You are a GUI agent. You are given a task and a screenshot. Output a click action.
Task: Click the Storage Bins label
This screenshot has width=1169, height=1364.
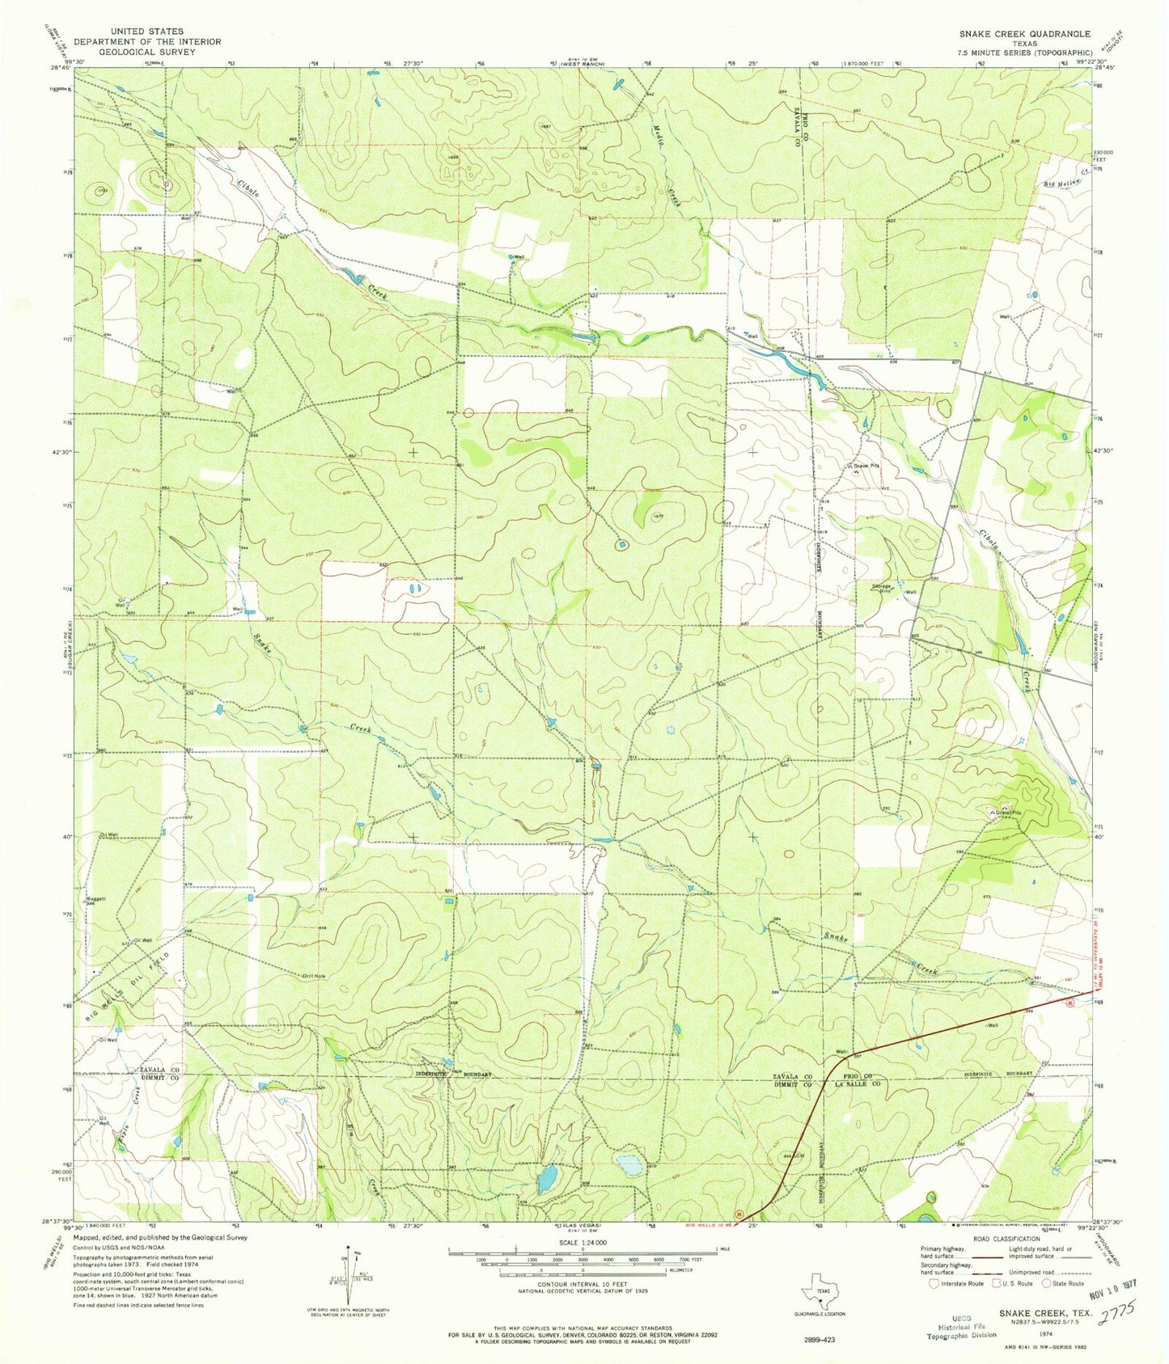pos(881,587)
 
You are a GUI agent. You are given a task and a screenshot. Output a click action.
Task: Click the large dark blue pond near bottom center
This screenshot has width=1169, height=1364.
pos(548,1178)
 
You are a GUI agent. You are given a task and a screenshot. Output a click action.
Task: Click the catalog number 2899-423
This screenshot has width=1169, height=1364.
pos(822,1339)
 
